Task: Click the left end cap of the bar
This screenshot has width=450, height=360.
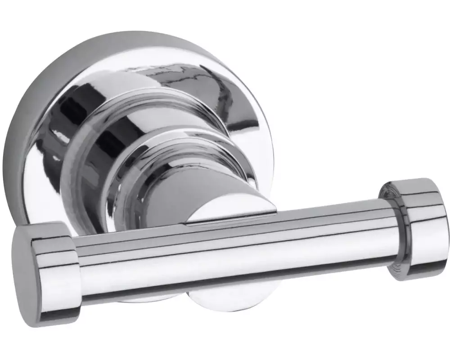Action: pyautogui.click(x=45, y=270)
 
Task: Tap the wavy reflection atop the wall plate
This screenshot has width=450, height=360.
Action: pyautogui.click(x=171, y=72)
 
